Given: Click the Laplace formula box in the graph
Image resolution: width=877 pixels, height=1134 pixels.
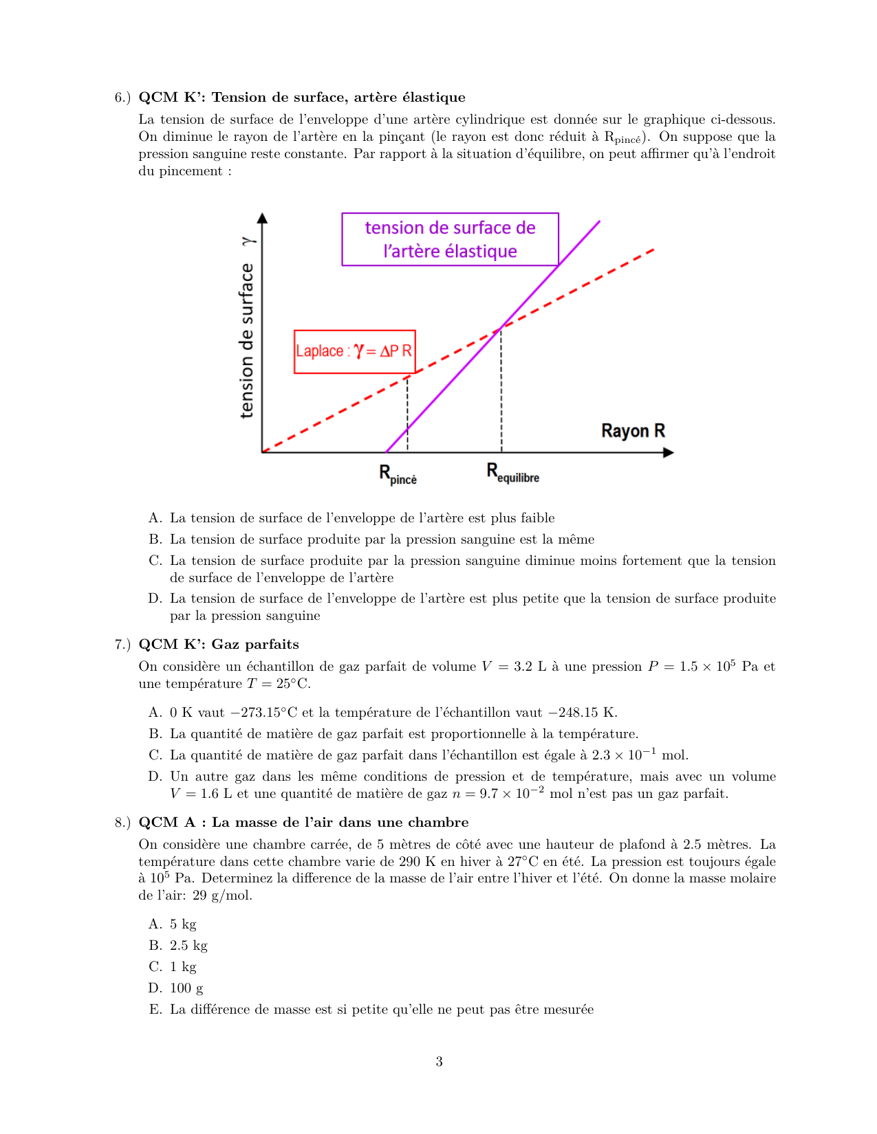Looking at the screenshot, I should pos(354,351).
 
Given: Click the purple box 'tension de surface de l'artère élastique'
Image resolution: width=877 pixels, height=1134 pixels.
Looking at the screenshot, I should pos(450,239).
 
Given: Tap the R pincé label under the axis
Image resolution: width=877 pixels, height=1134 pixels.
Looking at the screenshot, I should pos(398,474).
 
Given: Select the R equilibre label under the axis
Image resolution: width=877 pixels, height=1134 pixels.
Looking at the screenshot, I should pos(512,473).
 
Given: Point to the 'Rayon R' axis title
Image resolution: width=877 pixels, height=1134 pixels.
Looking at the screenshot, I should pos(633,431).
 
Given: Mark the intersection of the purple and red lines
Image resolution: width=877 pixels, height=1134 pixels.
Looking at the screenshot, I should pos(501,328).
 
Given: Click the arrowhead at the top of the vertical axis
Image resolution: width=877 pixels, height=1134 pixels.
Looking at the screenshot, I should pos(262,218).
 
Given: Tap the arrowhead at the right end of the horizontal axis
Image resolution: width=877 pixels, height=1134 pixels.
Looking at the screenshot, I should pos(668,452).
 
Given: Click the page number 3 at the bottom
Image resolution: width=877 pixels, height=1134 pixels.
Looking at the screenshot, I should pos(439,1062).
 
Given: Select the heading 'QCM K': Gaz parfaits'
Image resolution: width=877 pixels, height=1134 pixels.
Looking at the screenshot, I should pos(219,644).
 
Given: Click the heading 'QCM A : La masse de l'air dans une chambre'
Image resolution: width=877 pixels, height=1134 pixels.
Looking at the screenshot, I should pos(303,822).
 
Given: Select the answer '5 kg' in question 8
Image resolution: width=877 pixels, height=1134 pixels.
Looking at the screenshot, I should pos(183,924).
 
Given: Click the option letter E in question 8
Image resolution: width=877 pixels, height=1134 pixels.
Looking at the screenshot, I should pos(155,1009).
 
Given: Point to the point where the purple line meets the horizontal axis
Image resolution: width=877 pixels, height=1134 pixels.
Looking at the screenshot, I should pos(387,452).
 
